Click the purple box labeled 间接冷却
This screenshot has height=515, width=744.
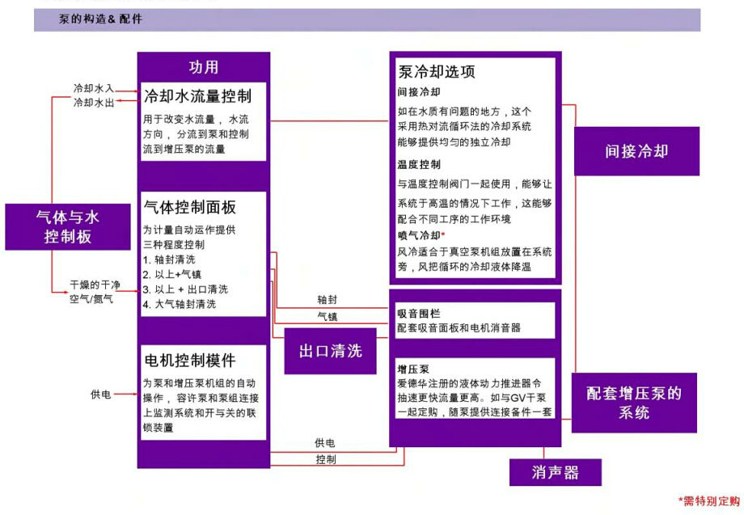click(x=636, y=151)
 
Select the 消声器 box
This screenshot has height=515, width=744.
click(x=555, y=472)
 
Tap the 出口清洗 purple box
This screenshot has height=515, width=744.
click(x=330, y=351)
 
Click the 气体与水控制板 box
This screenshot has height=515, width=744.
click(x=68, y=226)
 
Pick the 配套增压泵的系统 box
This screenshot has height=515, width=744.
click(x=634, y=403)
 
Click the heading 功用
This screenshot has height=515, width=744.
click(x=204, y=67)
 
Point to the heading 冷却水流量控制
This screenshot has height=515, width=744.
click(x=198, y=96)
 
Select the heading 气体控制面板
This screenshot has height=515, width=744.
click(x=190, y=207)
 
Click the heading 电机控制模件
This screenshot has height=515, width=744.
click(x=190, y=361)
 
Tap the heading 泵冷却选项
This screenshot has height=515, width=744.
click(x=437, y=72)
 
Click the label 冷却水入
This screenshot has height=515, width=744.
click(x=94, y=88)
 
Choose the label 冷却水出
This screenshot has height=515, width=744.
click(x=94, y=102)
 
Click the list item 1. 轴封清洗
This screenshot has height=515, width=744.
click(x=169, y=260)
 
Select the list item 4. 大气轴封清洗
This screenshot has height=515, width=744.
click(x=180, y=304)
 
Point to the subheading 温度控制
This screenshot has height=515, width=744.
click(x=419, y=165)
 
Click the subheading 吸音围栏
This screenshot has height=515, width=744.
click(x=419, y=314)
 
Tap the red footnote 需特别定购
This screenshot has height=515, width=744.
click(x=709, y=500)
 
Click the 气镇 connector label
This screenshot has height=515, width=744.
click(x=328, y=316)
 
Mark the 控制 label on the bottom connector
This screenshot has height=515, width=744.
click(x=325, y=459)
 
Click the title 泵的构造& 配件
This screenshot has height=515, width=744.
click(x=100, y=19)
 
